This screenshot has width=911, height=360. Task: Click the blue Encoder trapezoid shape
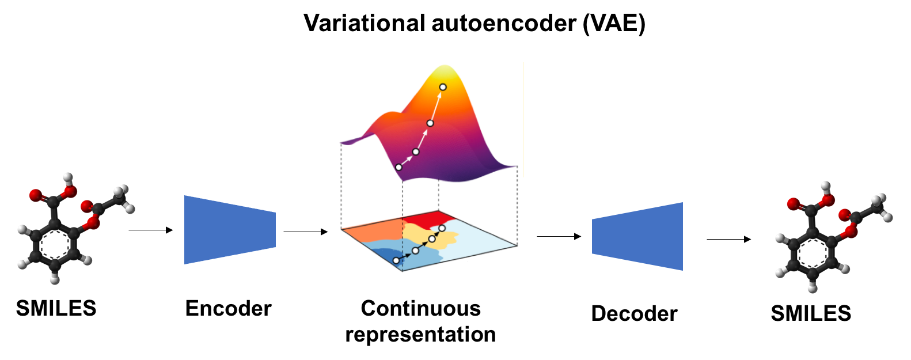click(230, 230)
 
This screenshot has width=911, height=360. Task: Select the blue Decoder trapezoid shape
click(637, 236)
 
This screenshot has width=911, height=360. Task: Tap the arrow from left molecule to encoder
click(151, 230)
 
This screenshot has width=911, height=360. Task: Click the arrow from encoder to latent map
click(305, 232)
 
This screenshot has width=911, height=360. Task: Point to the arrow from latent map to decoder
click(559, 236)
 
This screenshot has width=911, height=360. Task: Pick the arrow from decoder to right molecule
click(729, 239)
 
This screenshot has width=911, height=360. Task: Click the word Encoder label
click(229, 308)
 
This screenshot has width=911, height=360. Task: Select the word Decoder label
click(635, 313)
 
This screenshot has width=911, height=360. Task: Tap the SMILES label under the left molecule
click(56, 308)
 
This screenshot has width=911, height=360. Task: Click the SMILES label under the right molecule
click(811, 313)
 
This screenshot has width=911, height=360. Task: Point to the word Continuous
click(421, 308)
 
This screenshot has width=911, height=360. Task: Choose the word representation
click(420, 335)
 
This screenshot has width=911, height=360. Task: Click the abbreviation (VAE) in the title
click(614, 23)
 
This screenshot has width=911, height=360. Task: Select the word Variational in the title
click(365, 23)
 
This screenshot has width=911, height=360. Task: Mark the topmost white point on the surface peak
click(443, 87)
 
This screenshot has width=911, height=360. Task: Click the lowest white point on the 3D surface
click(399, 167)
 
